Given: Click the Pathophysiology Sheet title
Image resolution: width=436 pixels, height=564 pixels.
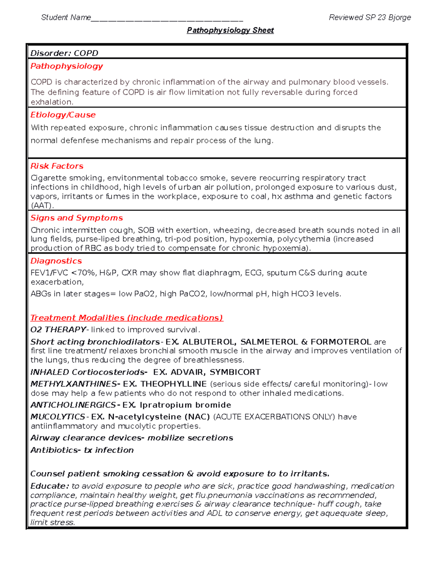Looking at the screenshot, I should (x=230, y=31).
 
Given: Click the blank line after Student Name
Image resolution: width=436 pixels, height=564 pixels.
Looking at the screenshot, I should (x=167, y=18).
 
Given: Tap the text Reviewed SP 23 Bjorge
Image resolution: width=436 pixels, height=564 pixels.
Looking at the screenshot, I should (x=370, y=17).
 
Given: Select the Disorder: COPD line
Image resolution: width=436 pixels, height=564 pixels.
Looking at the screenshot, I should (x=64, y=53).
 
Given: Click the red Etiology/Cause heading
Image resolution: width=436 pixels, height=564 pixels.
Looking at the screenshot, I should (x=63, y=115).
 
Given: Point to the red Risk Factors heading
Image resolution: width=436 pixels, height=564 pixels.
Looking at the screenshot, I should (x=57, y=166).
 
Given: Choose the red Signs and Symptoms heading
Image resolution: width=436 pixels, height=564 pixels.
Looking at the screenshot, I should (x=76, y=218).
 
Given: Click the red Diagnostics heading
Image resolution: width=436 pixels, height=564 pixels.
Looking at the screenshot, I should (x=56, y=261).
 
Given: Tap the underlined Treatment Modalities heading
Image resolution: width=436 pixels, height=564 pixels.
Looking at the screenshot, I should (x=126, y=318).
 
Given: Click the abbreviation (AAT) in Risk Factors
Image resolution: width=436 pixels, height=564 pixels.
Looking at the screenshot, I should (x=42, y=206).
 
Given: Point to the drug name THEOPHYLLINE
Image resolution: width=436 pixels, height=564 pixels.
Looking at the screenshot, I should (x=173, y=384).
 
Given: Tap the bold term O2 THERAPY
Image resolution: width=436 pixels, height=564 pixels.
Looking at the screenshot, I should (x=58, y=329).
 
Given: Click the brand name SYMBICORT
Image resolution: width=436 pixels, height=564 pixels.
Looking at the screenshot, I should (x=235, y=372).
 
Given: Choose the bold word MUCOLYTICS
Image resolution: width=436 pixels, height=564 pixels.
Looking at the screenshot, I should (x=57, y=417).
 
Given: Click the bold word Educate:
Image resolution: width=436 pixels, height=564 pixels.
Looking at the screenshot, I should (x=49, y=486).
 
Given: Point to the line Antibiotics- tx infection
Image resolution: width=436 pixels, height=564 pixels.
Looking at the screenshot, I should (x=82, y=450).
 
